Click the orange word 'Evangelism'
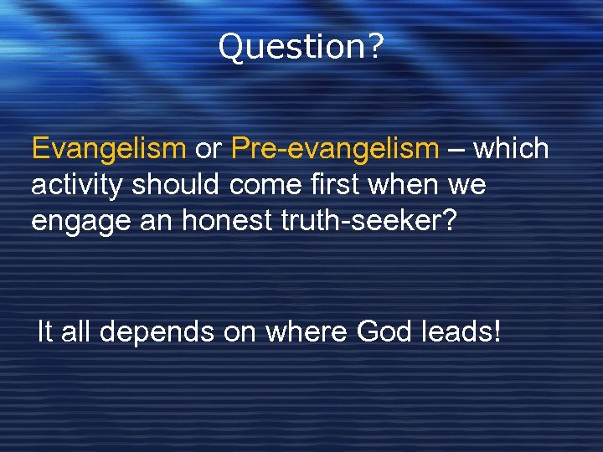108,149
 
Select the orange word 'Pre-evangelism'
335,149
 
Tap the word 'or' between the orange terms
208,149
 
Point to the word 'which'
511,149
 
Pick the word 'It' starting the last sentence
46,332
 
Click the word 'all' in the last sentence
78,332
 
